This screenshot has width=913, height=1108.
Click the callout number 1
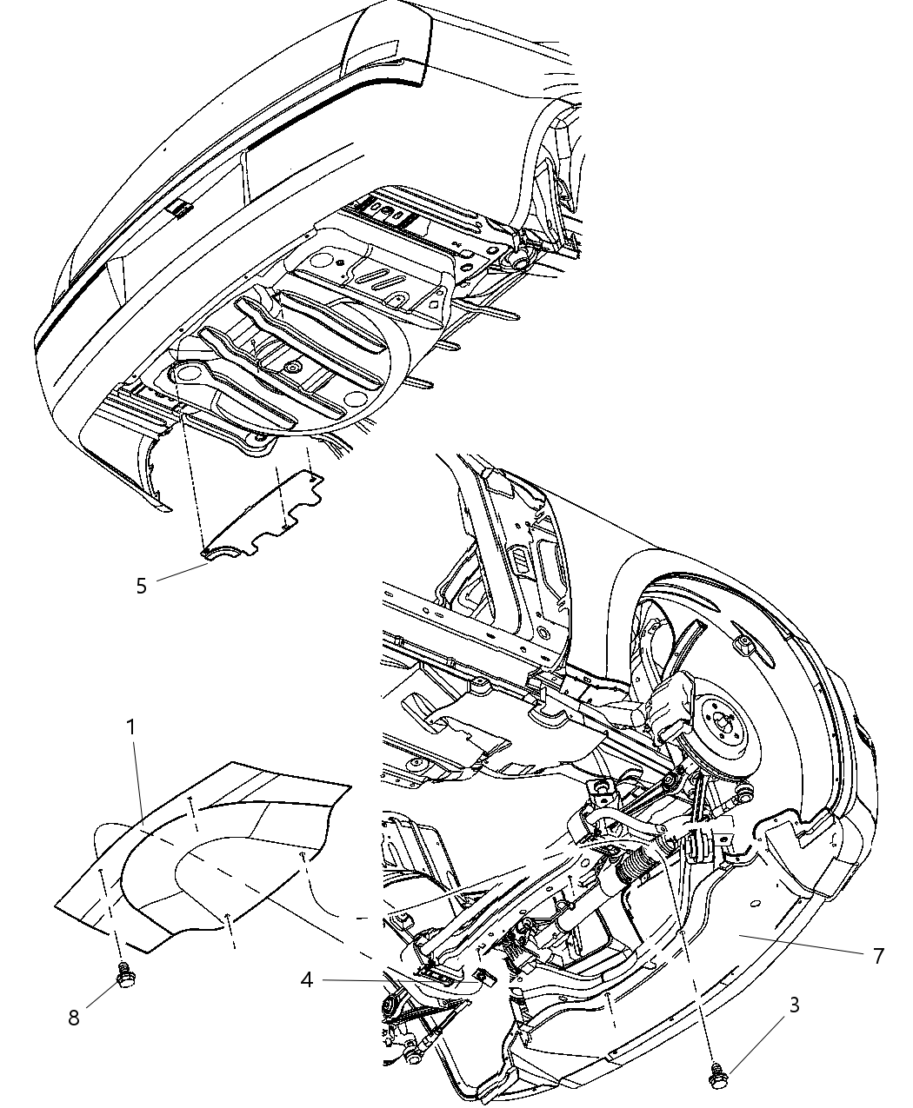[x=131, y=727]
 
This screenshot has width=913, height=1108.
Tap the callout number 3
[x=794, y=1005]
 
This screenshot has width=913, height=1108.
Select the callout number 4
[x=306, y=980]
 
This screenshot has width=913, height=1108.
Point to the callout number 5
[x=141, y=585]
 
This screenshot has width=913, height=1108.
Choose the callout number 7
[x=878, y=956]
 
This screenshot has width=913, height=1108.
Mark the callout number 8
[x=74, y=1017]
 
